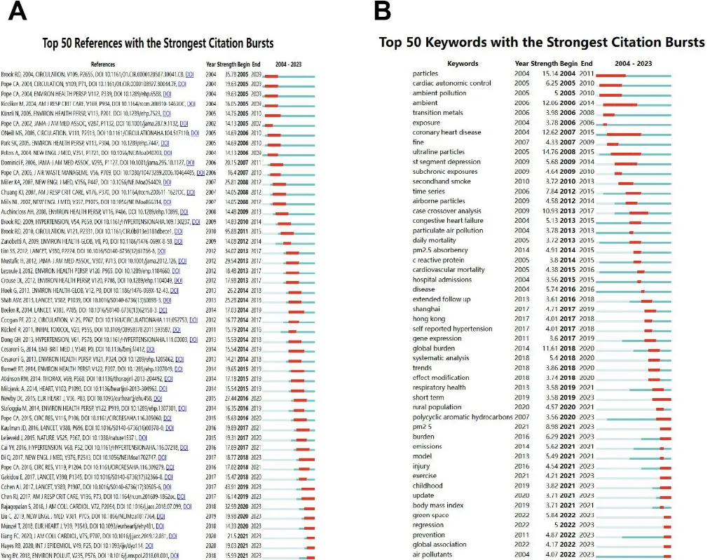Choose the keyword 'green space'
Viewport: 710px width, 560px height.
(431, 515)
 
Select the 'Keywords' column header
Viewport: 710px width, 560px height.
(463, 63)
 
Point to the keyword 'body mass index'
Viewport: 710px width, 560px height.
(437, 505)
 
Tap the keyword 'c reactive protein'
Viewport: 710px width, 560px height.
(439, 259)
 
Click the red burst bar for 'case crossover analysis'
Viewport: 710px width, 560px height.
(639, 211)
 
